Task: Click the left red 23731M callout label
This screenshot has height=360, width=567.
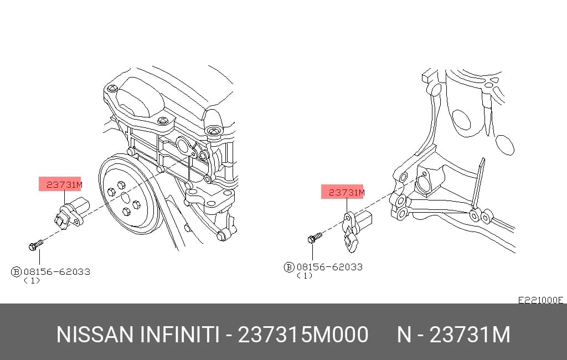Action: (x=60, y=184)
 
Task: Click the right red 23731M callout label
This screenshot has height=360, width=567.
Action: (x=342, y=192)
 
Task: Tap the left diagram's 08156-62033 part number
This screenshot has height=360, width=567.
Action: (x=57, y=271)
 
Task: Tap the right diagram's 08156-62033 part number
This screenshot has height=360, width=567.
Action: (x=329, y=267)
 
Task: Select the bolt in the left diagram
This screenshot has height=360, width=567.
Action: (x=35, y=245)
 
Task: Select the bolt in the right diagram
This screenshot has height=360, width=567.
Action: (x=315, y=238)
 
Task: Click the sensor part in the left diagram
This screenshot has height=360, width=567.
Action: (x=71, y=213)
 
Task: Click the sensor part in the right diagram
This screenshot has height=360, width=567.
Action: (x=356, y=228)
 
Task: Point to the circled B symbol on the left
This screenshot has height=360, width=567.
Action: (x=16, y=272)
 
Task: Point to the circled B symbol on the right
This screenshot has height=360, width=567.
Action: (x=289, y=268)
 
